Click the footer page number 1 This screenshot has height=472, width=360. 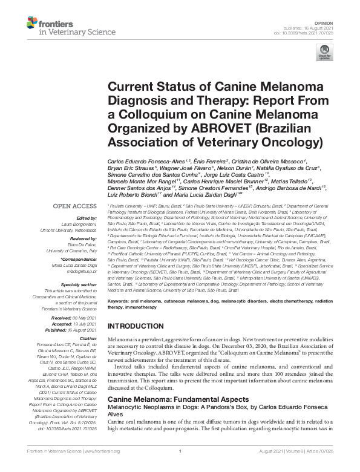click(x=180, y=468)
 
